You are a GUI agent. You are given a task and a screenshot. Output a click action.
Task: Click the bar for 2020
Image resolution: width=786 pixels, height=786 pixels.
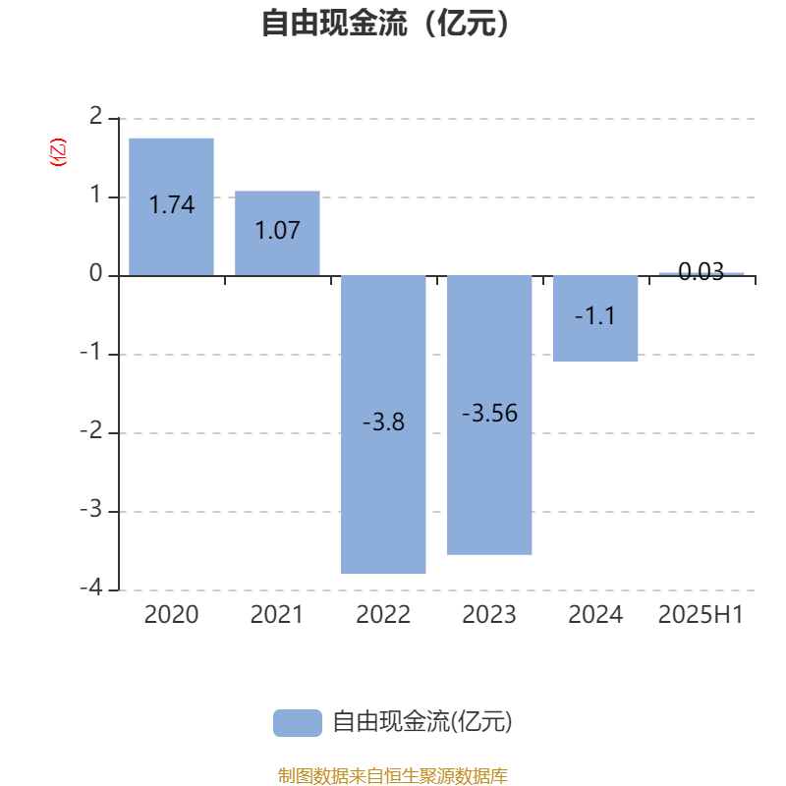(x=171, y=207)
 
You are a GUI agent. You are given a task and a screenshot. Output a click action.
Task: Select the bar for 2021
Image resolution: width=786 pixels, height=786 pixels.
(x=277, y=233)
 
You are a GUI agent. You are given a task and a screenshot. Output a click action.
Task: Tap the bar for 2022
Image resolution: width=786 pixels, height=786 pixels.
(x=383, y=424)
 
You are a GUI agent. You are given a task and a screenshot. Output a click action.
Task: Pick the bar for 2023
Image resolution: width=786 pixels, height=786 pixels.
(x=489, y=415)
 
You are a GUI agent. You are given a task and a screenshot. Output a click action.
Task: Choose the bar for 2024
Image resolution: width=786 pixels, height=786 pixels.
(x=595, y=318)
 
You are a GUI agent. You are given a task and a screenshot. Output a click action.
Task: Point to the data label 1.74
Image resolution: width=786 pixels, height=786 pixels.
(x=171, y=204)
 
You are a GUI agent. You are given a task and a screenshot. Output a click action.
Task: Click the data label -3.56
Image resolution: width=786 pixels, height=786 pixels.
(x=489, y=414)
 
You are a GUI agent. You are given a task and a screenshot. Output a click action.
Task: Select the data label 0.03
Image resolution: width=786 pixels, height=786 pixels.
(x=702, y=271)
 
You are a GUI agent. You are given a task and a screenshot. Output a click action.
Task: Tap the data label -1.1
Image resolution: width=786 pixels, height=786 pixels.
(x=595, y=315)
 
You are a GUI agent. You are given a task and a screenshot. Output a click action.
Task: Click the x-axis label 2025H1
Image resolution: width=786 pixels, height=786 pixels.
(x=701, y=615)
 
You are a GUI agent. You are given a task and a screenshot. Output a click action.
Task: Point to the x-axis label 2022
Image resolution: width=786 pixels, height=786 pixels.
(x=383, y=615)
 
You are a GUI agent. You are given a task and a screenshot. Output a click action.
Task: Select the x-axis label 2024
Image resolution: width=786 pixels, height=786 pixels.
(x=595, y=615)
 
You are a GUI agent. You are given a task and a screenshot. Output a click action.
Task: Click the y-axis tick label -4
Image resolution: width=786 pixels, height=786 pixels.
(x=91, y=587)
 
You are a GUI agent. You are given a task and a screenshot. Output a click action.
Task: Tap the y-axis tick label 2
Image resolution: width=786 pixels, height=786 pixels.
(x=95, y=116)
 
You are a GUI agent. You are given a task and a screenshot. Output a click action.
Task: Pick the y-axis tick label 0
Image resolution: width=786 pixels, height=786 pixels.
(x=95, y=273)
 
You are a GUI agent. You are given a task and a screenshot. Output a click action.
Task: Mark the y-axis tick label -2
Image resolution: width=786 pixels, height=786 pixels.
(x=91, y=430)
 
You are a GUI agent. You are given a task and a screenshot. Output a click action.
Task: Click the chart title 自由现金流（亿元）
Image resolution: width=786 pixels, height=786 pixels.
(x=385, y=23)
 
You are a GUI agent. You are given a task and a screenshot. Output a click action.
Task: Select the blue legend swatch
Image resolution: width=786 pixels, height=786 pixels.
(x=298, y=723)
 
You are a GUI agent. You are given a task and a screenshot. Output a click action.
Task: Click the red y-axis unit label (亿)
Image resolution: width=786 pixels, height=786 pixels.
(x=58, y=152)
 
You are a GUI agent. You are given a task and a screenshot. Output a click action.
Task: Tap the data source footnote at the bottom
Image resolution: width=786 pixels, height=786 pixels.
(x=393, y=775)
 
